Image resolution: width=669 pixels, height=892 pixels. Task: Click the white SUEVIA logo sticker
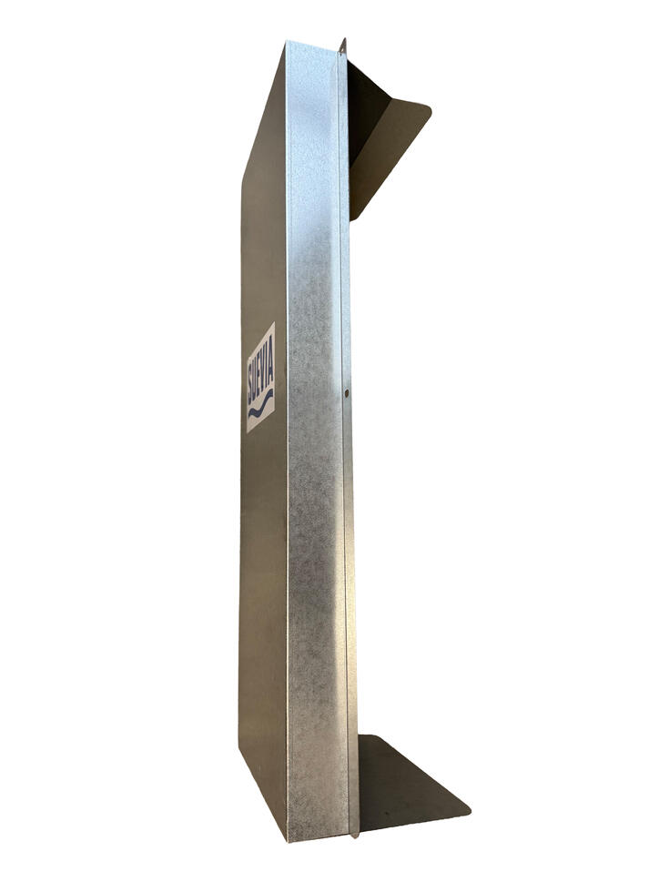(x=261, y=377)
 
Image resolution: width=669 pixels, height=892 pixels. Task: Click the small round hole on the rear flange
(x=347, y=391)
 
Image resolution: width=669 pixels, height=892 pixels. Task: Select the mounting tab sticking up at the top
(x=343, y=47)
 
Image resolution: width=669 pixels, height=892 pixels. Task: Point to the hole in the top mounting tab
(x=344, y=55)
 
